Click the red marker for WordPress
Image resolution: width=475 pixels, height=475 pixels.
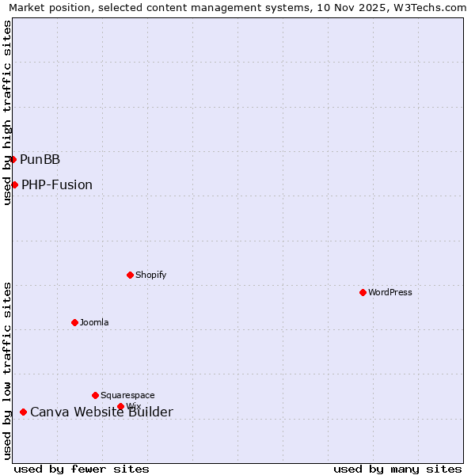tap(363, 292)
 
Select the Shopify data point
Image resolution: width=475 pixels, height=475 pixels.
tap(130, 275)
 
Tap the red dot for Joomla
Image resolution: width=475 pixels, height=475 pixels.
tap(74, 322)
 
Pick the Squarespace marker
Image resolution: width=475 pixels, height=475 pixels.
tap(95, 395)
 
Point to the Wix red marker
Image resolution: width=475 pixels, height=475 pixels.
tap(120, 406)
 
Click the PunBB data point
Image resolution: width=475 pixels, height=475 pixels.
tap(13, 159)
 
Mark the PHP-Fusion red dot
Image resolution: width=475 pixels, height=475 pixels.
tap(14, 184)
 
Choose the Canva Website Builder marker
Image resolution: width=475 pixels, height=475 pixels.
tap(23, 412)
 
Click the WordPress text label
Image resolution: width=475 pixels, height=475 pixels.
tap(390, 292)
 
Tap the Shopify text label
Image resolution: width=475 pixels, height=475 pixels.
tap(150, 275)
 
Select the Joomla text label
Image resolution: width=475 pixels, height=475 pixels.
tap(94, 322)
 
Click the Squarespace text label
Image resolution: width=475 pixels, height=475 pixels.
tap(127, 395)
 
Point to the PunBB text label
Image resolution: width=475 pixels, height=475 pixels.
tap(40, 160)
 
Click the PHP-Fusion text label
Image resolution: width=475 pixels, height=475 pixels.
tap(57, 185)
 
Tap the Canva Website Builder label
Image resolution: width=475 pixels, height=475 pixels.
tap(101, 412)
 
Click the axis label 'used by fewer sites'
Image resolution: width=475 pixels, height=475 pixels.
tap(82, 469)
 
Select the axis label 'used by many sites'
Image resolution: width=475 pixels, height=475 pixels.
tap(397, 469)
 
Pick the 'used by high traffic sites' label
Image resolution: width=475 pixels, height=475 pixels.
tap(7, 112)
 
